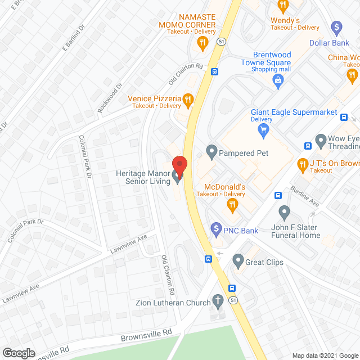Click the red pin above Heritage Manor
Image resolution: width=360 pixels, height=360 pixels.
click(x=179, y=164)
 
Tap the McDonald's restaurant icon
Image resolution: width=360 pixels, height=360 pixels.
click(x=231, y=206)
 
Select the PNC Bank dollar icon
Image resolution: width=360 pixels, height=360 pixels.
click(x=215, y=229)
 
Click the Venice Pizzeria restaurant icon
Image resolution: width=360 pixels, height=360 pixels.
click(x=188, y=101)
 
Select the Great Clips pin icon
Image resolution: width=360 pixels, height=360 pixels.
click(x=238, y=261)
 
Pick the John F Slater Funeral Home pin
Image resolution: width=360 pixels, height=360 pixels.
click(x=284, y=213)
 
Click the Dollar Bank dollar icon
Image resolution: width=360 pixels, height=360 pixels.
click(x=336, y=26)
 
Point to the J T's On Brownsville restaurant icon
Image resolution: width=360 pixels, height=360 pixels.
click(x=301, y=163)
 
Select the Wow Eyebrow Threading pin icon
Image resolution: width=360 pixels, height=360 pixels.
click(x=321, y=139)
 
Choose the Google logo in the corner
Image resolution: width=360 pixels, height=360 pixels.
click(x=19, y=353)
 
